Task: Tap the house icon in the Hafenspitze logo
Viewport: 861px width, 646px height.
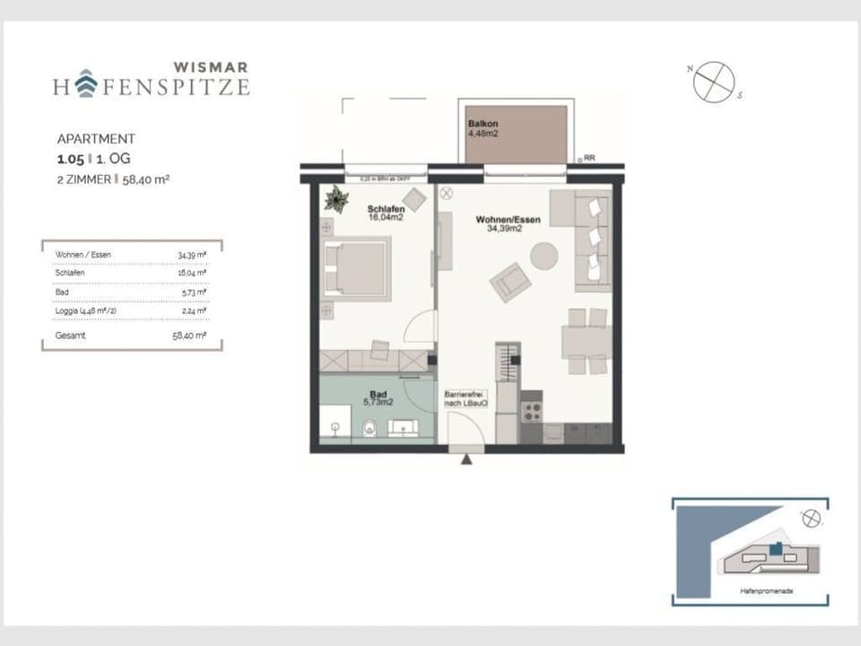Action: coord(86,85)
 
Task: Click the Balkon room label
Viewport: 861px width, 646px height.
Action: coord(483,124)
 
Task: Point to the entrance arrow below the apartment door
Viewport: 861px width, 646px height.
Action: coord(466,460)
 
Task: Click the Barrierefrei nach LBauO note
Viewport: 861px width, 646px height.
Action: coord(465,398)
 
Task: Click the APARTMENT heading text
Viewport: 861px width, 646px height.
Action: coord(96,139)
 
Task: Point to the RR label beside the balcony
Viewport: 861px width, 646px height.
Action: coord(589,159)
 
